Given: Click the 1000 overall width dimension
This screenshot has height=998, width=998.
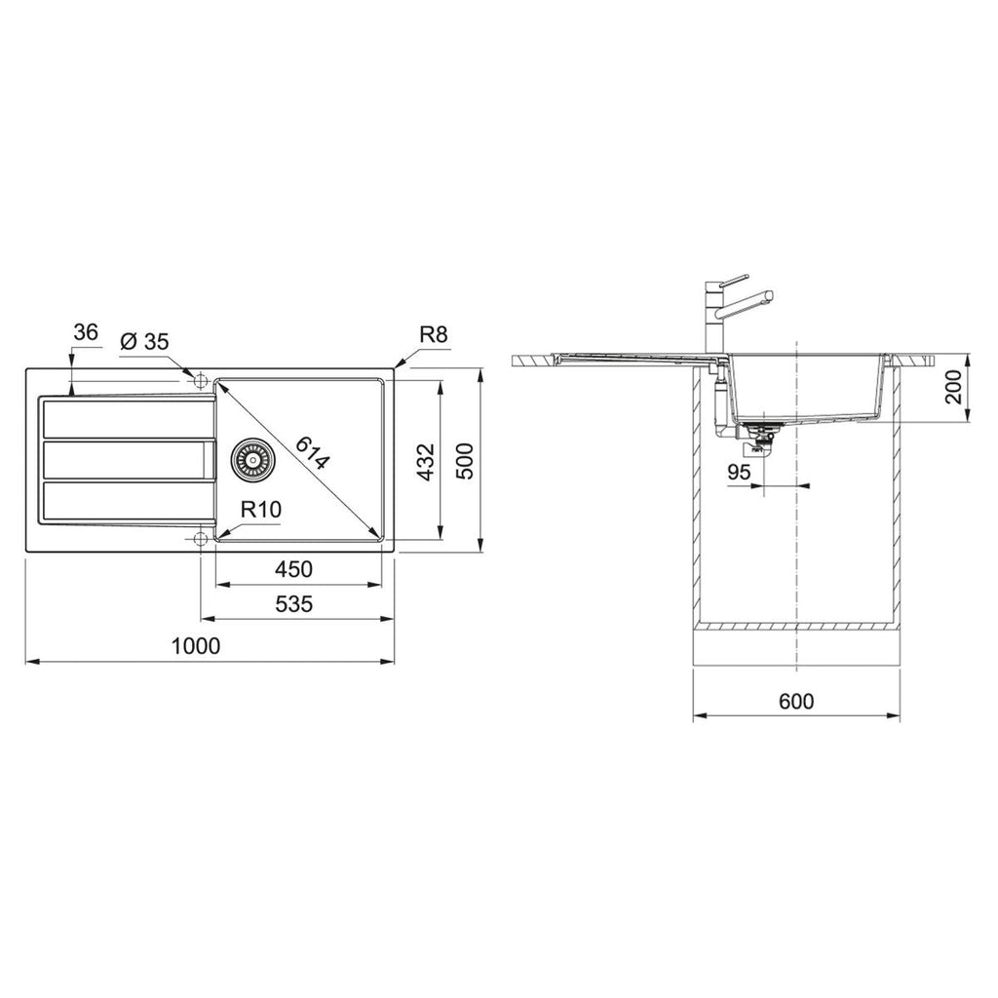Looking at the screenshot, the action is coord(195,646).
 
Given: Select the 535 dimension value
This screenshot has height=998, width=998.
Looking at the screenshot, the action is coord(294,603).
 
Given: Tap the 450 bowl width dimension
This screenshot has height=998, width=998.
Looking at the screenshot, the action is coord(293,569).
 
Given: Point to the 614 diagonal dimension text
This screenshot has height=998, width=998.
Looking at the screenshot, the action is coord(313,452).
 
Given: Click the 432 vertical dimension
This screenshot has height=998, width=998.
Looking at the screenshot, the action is coord(426,462).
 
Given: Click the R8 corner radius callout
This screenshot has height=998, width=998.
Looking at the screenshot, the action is coord(434,335).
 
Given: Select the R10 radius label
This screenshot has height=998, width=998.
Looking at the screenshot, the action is coord(261,509).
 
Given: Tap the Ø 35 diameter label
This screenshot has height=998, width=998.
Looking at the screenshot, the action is coord(144,342).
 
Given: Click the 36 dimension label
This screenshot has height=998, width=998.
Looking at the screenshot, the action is coord(86,332).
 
